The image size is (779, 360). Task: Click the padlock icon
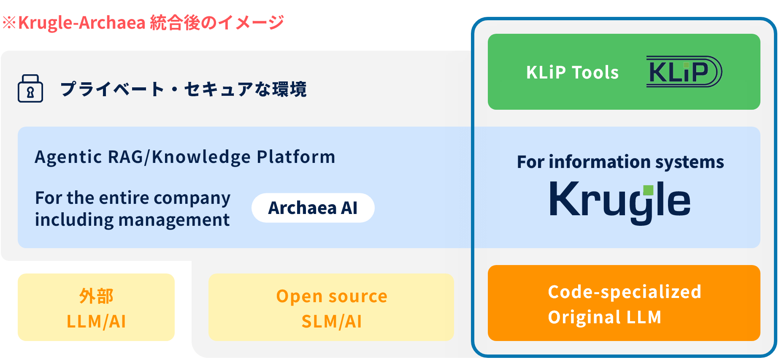[x=30, y=89]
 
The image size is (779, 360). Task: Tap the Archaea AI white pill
[x=313, y=208]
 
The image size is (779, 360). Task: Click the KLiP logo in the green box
[x=684, y=72]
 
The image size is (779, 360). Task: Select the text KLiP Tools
[x=572, y=73]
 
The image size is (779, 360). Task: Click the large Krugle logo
[x=620, y=201]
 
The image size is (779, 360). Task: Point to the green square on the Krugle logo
[x=648, y=190]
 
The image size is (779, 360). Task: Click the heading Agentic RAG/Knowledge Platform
[x=185, y=157]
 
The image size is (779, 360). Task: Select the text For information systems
[x=620, y=162]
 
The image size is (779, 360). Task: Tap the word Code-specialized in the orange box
[x=625, y=292]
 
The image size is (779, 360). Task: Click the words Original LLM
[x=605, y=317]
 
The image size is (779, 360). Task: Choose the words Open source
[x=332, y=296]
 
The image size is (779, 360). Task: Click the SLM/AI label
[x=332, y=322]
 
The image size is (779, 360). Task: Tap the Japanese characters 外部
[x=96, y=296]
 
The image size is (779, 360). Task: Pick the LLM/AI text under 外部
[x=96, y=322]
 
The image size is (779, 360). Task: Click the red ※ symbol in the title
[x=9, y=23]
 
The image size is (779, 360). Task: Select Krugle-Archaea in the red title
[x=82, y=23]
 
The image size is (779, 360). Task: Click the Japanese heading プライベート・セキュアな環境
[x=183, y=89]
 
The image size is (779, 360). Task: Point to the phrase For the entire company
[x=133, y=198]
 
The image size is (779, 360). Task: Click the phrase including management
[x=132, y=220]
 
